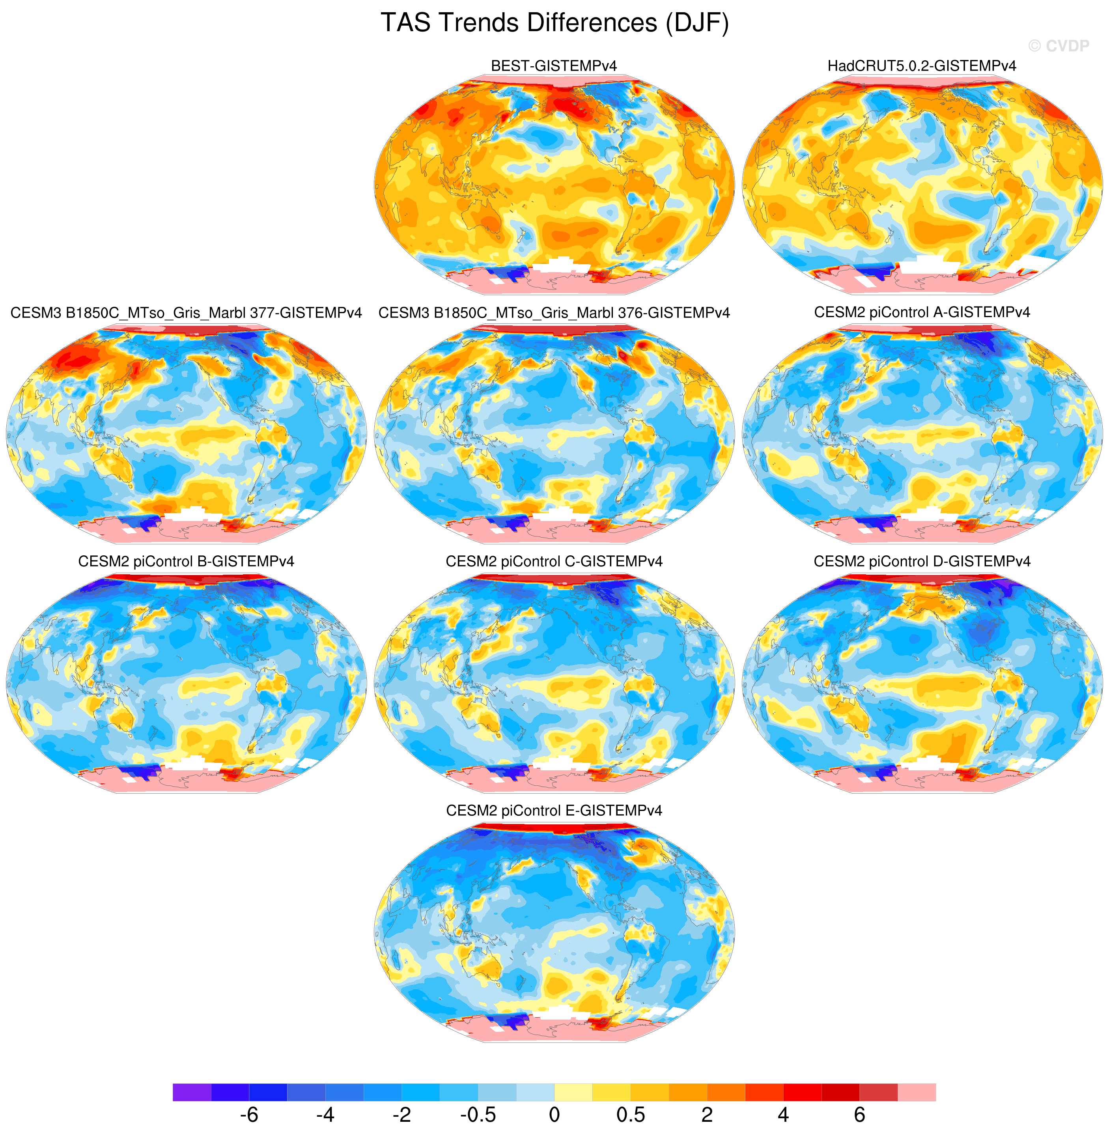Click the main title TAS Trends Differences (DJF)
554,23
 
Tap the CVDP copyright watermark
1059,46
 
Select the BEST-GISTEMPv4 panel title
554,66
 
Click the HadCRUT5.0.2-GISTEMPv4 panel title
922,66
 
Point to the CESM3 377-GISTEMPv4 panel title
187,313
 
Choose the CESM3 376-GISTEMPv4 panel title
554,313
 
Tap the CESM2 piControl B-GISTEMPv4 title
187,561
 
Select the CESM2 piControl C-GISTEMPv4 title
554,561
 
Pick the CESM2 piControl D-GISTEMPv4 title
922,561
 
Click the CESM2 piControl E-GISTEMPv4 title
554,810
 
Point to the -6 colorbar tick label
249,1114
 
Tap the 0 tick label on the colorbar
554,1114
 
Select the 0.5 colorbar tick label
631,1114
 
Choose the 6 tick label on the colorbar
860,1114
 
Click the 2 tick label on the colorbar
707,1114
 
